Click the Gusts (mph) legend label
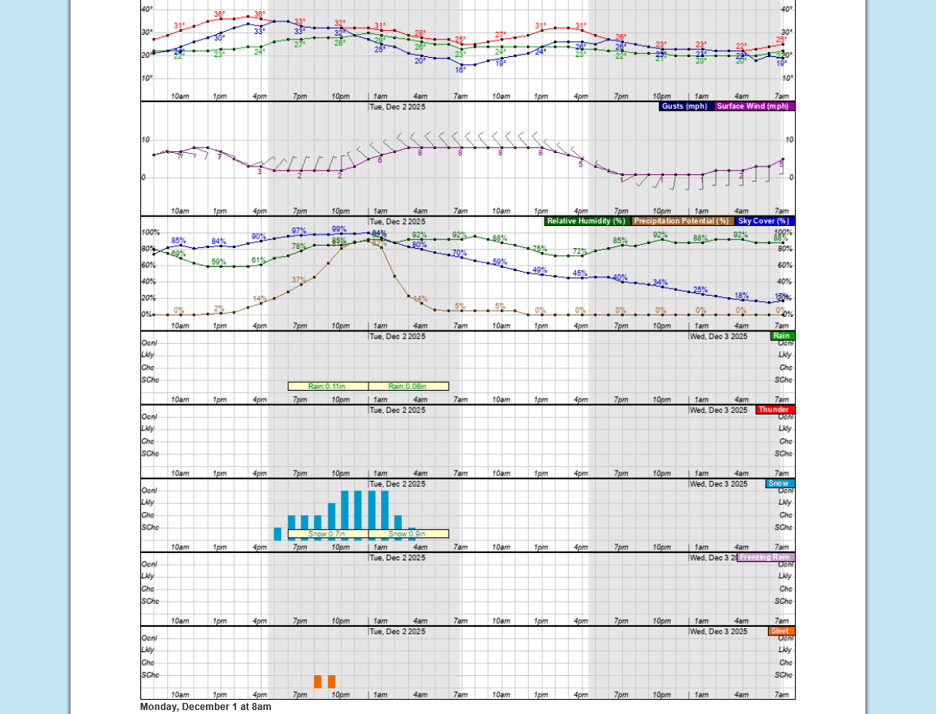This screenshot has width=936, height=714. pos(685,106)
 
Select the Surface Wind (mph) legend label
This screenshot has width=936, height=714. pos(753,106)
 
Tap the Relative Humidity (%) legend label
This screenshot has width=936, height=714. pos(586,221)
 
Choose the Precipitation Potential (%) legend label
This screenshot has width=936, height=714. pos(682,221)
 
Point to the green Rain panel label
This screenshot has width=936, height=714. pos(781,336)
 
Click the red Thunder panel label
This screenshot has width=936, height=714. pos(774,410)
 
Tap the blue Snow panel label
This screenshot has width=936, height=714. pos(779,483)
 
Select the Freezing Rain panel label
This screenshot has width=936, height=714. pos(765,557)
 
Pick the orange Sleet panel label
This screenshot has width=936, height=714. pos(780,631)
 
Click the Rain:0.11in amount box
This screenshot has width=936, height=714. pos(327,387)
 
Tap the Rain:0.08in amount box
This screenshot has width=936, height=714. pos(408,387)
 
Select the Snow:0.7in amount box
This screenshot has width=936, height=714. pos(327,534)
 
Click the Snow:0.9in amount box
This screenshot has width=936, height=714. pos(408,534)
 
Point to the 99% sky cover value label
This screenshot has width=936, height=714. pos(339,229)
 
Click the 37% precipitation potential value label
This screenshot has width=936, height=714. pos(299,280)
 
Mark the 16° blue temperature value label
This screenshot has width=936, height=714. pos(460,70)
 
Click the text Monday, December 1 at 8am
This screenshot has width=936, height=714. pos(205,707)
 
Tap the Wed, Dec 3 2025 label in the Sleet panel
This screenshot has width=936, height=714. pos(718,632)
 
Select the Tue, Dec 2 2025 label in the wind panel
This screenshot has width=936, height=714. pos(397,106)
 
